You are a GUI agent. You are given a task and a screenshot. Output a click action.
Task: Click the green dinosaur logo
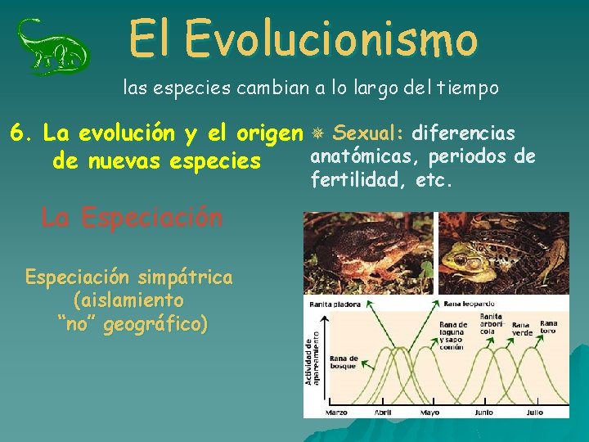tap(54, 47)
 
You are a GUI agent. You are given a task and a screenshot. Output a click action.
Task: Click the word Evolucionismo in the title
tap(331, 38)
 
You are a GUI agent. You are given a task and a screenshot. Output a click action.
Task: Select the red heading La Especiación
tap(132, 218)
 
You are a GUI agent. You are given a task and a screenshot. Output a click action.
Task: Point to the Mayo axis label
tap(430, 412)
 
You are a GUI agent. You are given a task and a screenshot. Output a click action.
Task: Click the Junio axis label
tap(483, 412)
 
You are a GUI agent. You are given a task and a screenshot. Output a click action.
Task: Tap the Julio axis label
tap(535, 412)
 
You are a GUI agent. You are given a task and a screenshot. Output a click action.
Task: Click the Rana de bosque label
tap(343, 362)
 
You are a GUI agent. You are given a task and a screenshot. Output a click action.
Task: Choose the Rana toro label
tap(548, 327)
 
